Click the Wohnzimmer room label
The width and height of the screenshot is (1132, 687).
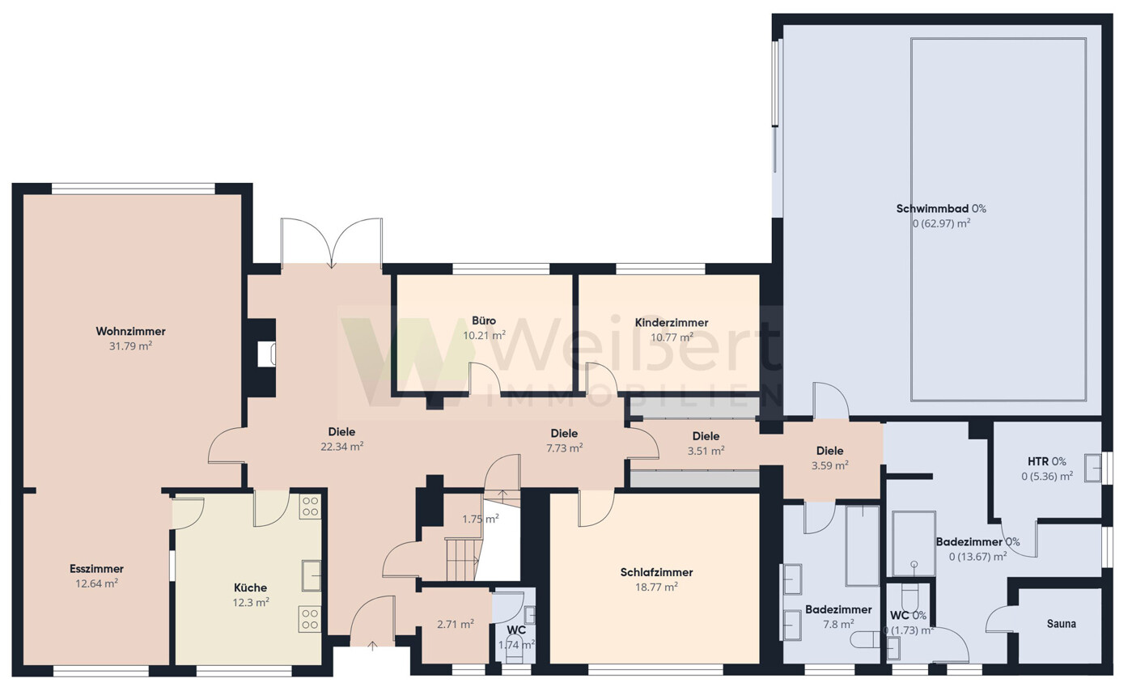(131, 331)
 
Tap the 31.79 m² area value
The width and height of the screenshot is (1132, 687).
(131, 346)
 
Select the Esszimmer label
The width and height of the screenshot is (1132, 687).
(96, 569)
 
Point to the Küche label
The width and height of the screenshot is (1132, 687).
(250, 587)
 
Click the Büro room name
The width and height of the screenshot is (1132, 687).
(484, 320)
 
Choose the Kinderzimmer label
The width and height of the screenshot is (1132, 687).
(672, 323)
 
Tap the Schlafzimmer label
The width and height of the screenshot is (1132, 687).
(656, 572)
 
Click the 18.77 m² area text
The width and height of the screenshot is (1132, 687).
(656, 587)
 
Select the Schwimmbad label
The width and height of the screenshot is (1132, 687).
(932, 208)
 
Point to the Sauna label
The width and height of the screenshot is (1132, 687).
(1062, 624)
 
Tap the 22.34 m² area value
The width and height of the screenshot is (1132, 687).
(342, 447)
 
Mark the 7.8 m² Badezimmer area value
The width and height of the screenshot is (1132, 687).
(838, 625)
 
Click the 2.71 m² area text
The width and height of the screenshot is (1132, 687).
(456, 625)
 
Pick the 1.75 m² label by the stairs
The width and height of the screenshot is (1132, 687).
(481, 519)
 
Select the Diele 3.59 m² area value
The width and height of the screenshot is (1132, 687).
(830, 465)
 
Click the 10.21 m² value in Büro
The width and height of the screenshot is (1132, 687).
(484, 336)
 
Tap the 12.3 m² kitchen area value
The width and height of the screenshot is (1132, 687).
(251, 603)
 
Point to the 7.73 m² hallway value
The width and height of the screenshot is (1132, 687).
(565, 448)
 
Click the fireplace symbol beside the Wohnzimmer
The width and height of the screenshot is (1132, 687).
(266, 354)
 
